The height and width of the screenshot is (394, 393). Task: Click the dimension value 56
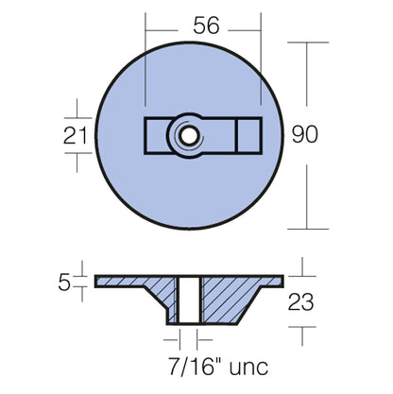(x=202, y=28)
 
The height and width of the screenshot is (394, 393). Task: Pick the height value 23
(x=301, y=302)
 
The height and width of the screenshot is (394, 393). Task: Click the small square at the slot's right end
(x=248, y=136)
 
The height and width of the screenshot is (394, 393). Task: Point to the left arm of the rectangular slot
(x=156, y=137)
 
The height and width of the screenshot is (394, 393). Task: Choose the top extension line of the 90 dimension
(x=307, y=42)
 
